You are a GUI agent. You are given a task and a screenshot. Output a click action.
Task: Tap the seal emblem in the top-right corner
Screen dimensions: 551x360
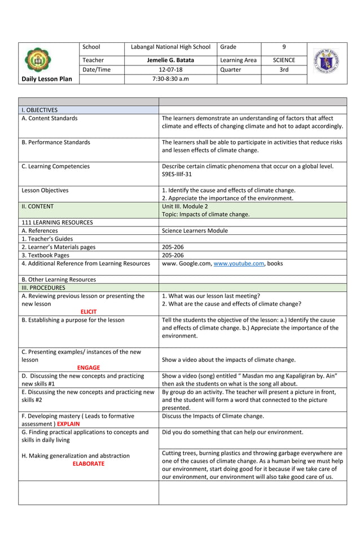pyautogui.click(x=327, y=60)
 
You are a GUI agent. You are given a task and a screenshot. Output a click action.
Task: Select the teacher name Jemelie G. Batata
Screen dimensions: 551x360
pyautogui.click(x=170, y=60)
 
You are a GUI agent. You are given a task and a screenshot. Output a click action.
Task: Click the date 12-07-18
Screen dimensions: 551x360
pyautogui.click(x=170, y=69)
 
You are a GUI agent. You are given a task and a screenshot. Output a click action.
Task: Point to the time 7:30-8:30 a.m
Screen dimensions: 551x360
pyautogui.click(x=170, y=79)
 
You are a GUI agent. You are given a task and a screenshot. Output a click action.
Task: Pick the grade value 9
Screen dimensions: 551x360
pyautogui.click(x=284, y=47)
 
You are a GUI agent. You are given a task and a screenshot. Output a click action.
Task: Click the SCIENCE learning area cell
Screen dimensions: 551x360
pyautogui.click(x=284, y=60)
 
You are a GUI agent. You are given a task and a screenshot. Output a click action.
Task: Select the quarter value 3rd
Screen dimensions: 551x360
pyautogui.click(x=284, y=69)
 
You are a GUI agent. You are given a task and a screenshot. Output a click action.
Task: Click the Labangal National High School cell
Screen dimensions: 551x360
pyautogui.click(x=170, y=47)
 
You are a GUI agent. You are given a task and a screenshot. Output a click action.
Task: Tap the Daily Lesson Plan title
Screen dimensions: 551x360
pyautogui.click(x=47, y=79)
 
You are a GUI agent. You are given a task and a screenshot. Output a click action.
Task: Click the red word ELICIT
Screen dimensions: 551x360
pyautogui.click(x=89, y=311)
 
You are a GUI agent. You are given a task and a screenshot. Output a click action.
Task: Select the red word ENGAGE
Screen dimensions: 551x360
pyautogui.click(x=89, y=367)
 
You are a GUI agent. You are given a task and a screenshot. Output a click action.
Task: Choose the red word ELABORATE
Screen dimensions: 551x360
pyautogui.click(x=89, y=463)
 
